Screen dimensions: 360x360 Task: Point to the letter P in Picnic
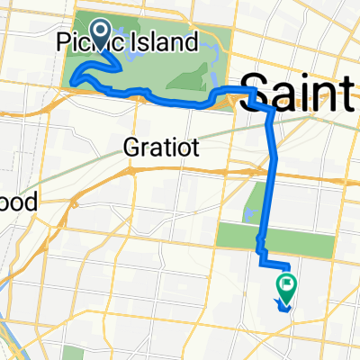tap(64, 42)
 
